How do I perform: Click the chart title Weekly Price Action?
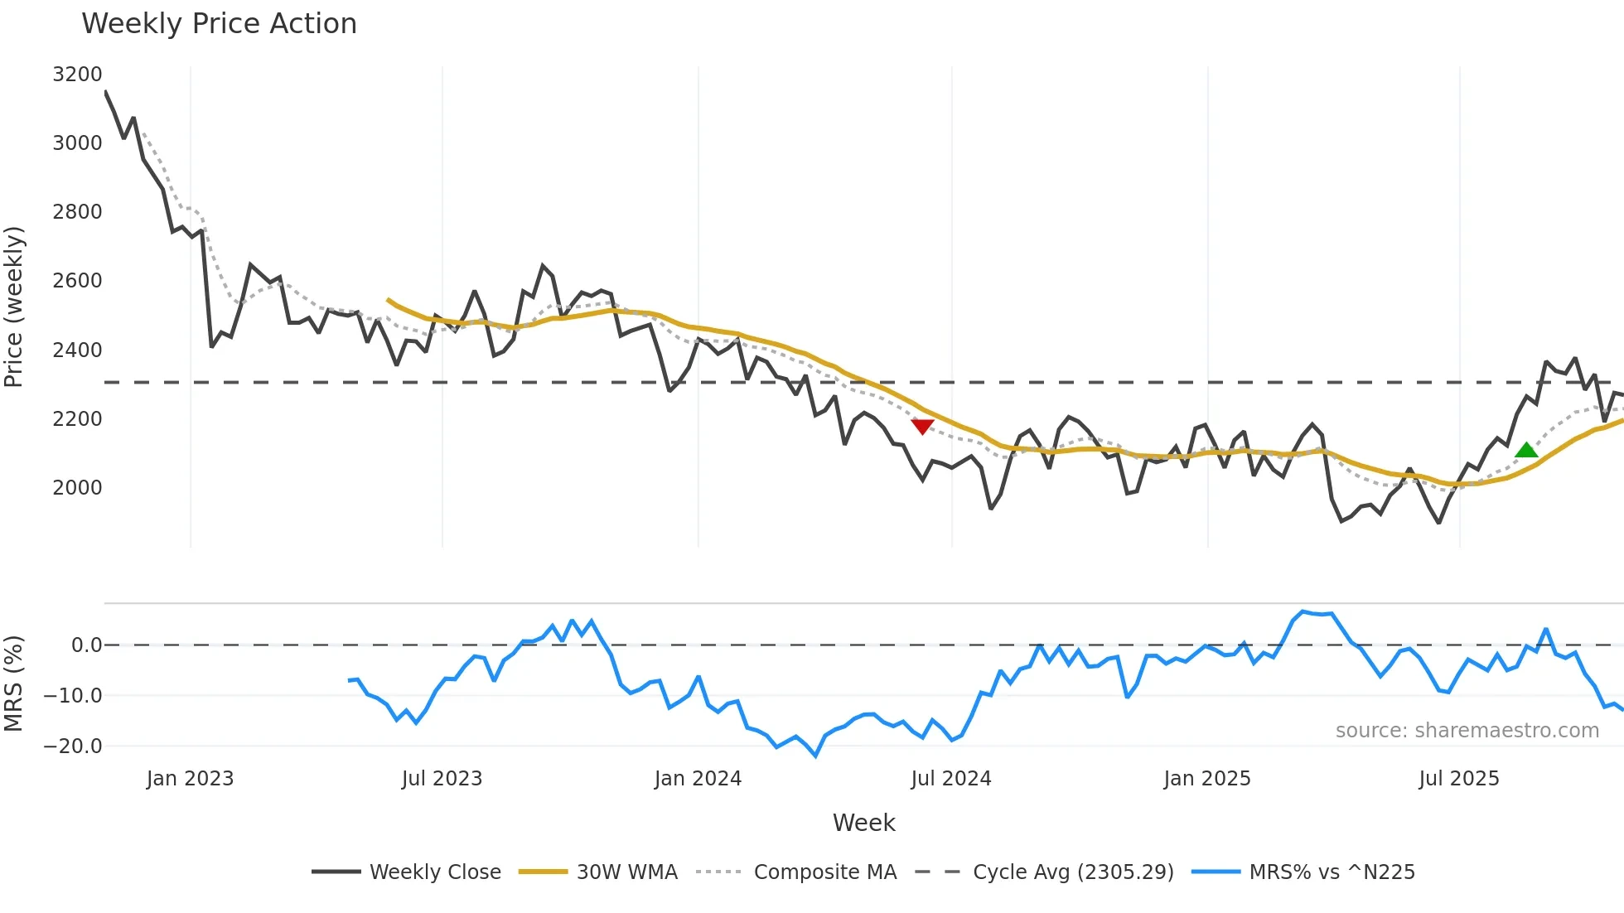[219, 23]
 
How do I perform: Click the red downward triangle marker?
[922, 426]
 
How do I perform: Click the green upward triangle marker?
[1526, 451]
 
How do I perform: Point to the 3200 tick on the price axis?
[77, 75]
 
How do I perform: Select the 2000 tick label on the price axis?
[77, 487]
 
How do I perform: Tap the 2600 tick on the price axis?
[77, 281]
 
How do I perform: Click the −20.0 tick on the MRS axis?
[73, 746]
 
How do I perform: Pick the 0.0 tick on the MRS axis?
[86, 645]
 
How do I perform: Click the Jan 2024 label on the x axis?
[698, 779]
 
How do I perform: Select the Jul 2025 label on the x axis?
[1458, 779]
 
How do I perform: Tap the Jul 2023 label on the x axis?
[442, 779]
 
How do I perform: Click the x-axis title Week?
[863, 823]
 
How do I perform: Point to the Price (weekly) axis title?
[13, 307]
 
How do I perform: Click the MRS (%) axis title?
[13, 683]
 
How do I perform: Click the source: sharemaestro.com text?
[1467, 731]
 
